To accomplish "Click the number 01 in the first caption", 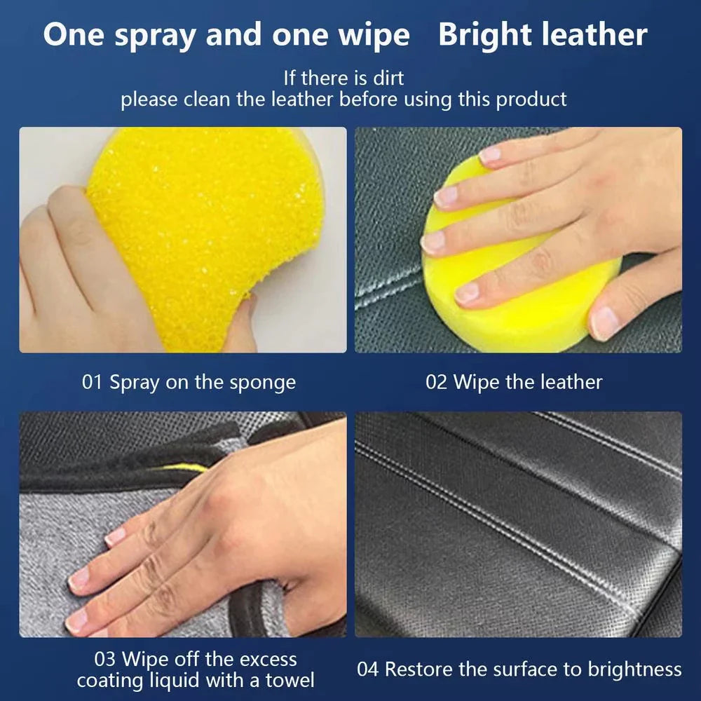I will [93, 382].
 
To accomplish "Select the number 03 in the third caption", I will [105, 659].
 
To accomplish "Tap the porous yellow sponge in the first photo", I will [203, 224].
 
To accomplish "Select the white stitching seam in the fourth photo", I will [491, 505].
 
